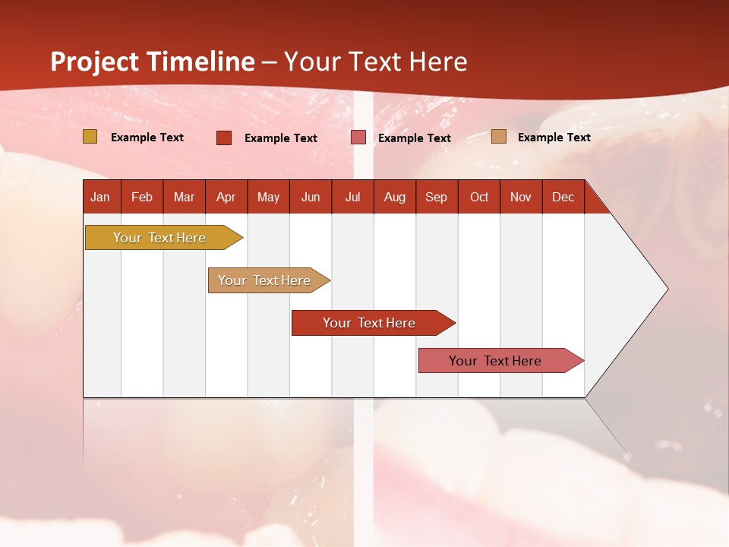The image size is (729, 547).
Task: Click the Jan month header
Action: click(100, 197)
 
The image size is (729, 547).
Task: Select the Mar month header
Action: click(184, 197)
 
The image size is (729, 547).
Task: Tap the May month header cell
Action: click(268, 197)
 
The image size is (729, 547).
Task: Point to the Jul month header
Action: click(352, 197)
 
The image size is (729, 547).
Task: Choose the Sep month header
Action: click(436, 197)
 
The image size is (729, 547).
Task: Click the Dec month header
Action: click(563, 197)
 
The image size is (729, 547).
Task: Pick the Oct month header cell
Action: click(479, 197)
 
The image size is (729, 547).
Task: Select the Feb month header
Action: click(142, 197)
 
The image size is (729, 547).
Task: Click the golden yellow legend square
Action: click(90, 137)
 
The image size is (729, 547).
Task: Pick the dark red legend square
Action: click(224, 138)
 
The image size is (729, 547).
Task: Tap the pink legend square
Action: click(358, 138)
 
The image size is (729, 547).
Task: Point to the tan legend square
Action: click(499, 137)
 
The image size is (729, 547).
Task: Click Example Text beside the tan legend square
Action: click(554, 138)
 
